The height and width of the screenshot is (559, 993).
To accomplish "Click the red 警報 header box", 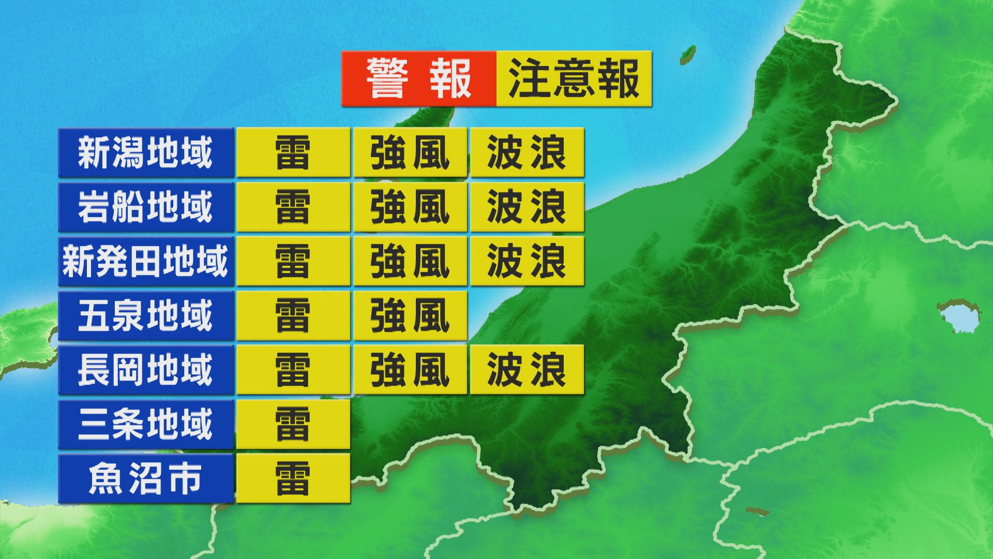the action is tap(418, 79).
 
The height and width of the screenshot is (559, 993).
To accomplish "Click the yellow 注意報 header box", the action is tap(574, 79).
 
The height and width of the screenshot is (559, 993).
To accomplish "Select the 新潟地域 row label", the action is tap(146, 153).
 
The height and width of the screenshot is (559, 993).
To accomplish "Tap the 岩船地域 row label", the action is tap(146, 207).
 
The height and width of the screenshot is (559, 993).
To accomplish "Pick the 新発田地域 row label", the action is tap(146, 261).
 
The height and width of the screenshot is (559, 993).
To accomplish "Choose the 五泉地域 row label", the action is tap(146, 315).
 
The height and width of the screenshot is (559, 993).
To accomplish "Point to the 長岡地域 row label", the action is tap(146, 370).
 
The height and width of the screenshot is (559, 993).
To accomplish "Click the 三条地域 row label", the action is tap(146, 424).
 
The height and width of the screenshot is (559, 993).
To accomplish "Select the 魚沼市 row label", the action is tap(146, 478).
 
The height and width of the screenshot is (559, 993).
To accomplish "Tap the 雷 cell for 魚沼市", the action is tap(293, 478).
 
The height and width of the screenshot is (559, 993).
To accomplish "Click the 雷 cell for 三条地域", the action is tap(293, 424).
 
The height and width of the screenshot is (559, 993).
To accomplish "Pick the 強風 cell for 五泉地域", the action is tap(410, 315).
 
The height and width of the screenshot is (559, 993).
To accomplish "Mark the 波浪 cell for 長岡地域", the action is tap(527, 370).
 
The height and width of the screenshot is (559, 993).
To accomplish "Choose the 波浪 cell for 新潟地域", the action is tap(527, 153).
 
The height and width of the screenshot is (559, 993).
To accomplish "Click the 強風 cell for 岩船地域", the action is tap(410, 207).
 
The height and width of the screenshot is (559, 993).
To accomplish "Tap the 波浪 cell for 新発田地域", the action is tap(527, 261).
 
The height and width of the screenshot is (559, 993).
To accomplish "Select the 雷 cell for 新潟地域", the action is tap(293, 153).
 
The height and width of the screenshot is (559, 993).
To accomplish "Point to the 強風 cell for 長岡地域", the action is tap(410, 370).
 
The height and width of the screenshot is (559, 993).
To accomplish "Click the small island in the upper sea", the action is tap(687, 53).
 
